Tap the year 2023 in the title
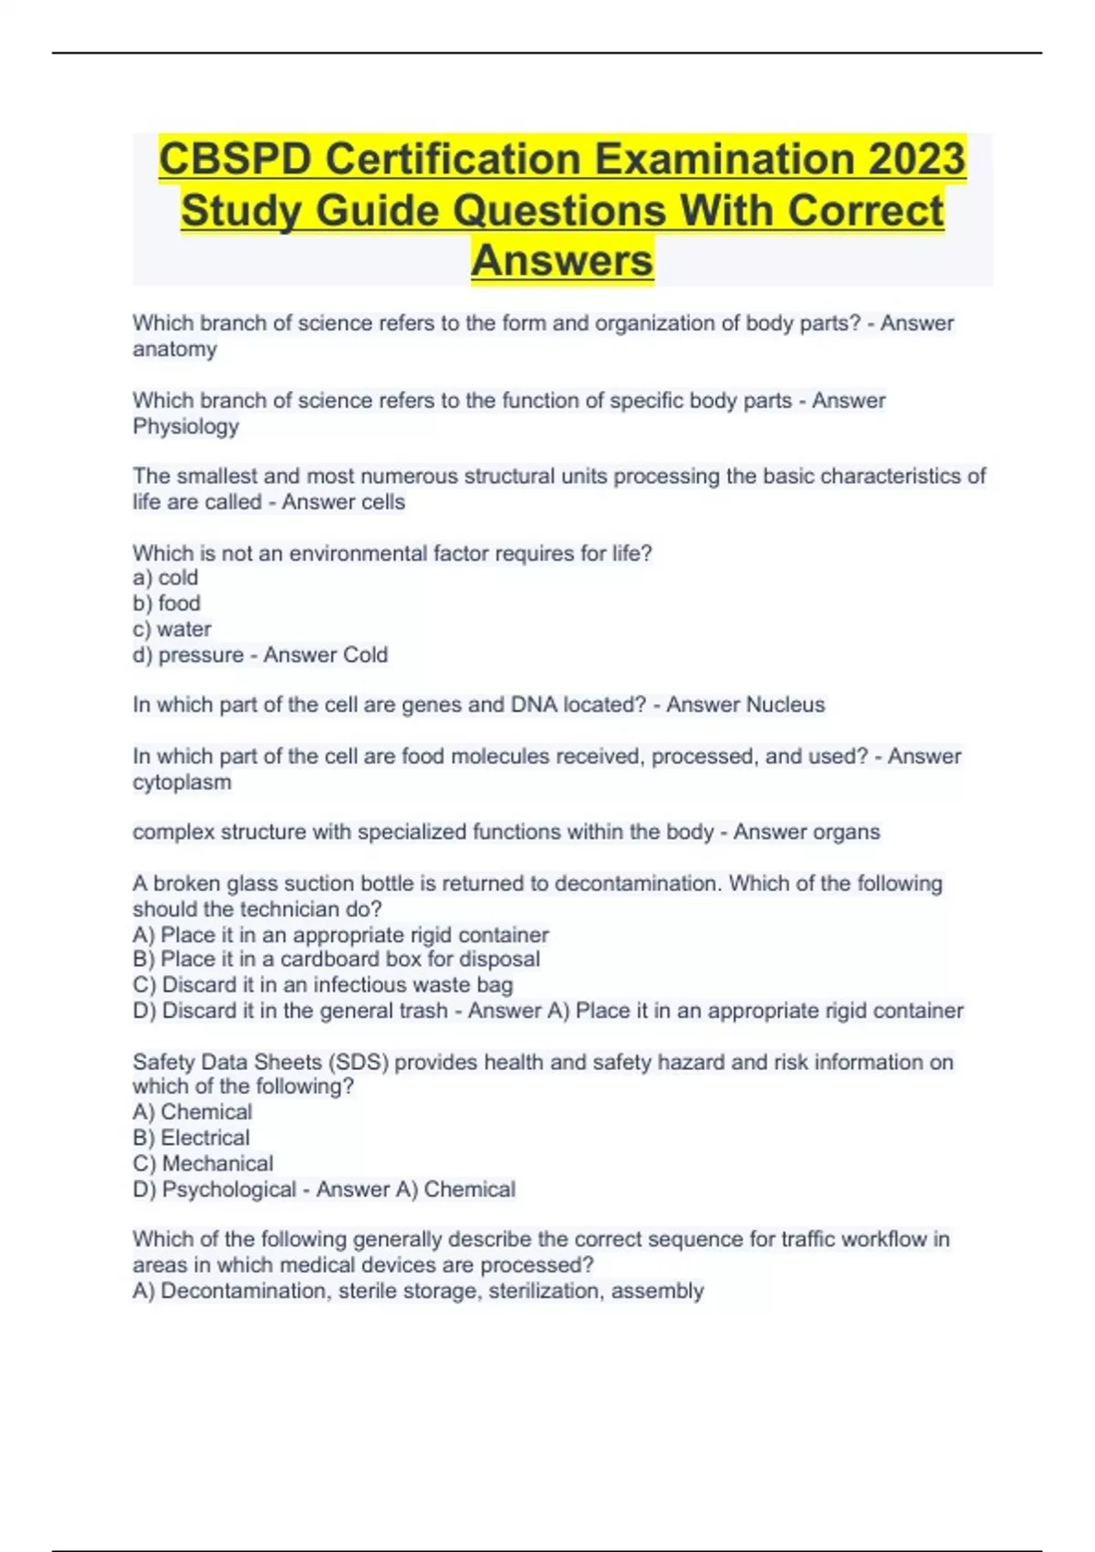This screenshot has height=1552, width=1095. point(916,159)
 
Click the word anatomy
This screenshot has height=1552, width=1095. point(174,350)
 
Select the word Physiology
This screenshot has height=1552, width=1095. point(185,426)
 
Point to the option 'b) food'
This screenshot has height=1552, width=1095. point(166,603)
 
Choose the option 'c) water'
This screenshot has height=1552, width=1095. point(172,629)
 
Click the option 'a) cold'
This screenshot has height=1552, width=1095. point(165,578)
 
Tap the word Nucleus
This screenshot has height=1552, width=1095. point(785,705)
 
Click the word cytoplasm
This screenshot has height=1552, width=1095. point(182,782)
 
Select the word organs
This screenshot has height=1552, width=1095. point(846,832)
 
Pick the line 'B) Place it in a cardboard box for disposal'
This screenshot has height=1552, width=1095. point(336,960)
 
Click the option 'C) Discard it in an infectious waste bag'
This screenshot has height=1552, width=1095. point(322,985)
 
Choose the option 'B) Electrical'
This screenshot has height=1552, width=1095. point(191,1138)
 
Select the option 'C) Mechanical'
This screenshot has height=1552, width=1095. point(203,1164)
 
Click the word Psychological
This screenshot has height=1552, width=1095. point(228,1190)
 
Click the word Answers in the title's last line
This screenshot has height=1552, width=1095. point(562,260)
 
